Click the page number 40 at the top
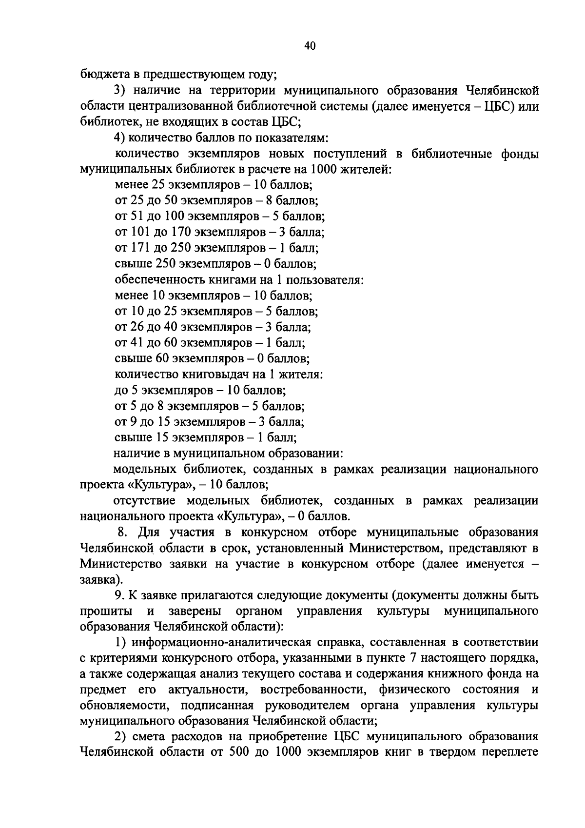[310, 46]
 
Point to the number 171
[138, 248]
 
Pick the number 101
[138, 232]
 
